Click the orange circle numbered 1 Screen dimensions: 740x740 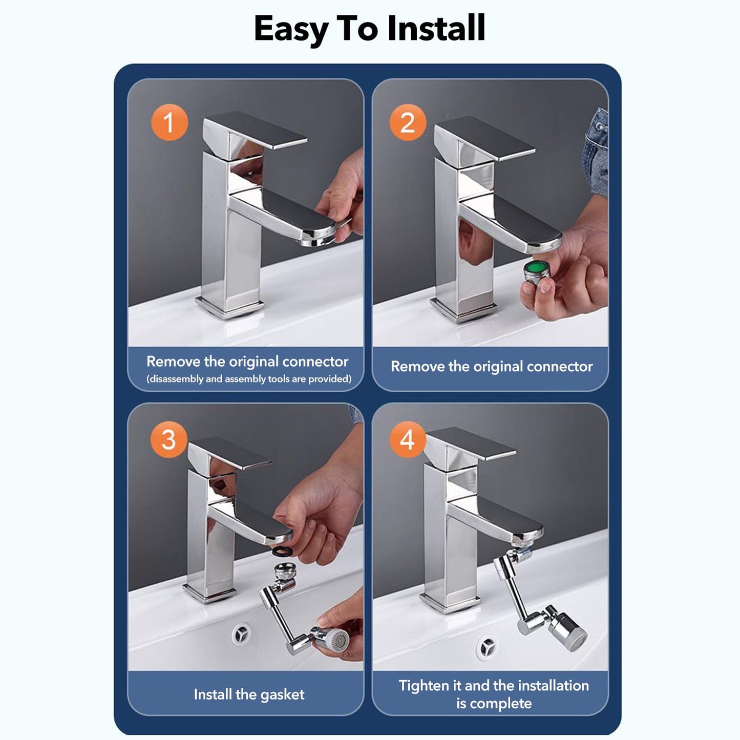(x=170, y=122)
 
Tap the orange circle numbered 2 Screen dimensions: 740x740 (x=408, y=122)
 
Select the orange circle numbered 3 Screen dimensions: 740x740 (x=169, y=439)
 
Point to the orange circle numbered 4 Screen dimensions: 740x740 (x=408, y=439)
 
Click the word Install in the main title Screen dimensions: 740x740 (x=436, y=28)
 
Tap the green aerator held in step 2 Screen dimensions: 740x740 (x=537, y=271)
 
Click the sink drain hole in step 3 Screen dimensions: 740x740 (x=242, y=635)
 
